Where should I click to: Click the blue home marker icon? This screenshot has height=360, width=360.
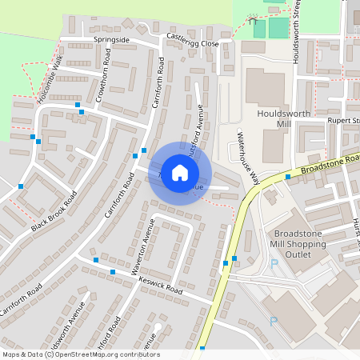point(180,173)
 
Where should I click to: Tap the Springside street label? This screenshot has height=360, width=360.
point(112,39)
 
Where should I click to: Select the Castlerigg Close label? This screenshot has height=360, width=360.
point(192,40)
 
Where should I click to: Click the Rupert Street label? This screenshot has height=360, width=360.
point(343,121)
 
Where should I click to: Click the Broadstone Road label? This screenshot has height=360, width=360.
point(325,164)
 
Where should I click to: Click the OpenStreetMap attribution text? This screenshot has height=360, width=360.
point(80,354)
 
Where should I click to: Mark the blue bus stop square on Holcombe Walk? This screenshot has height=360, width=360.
point(78,105)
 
